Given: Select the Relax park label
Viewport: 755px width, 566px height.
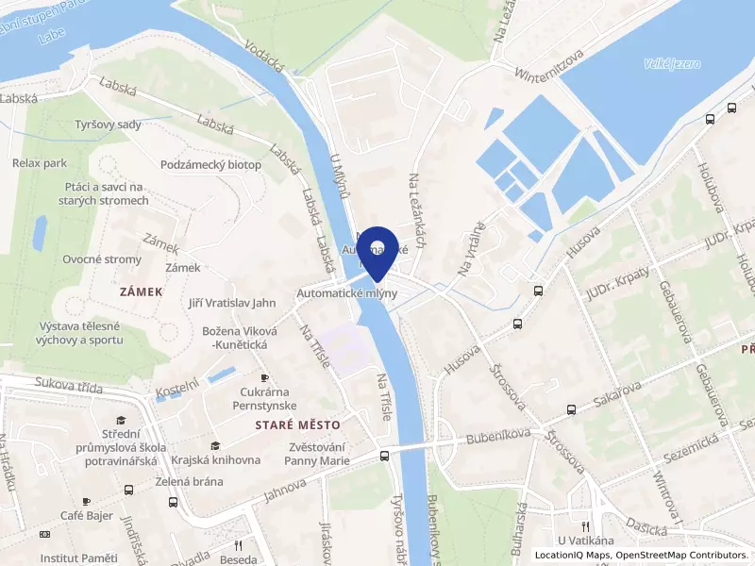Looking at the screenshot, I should point(39,163).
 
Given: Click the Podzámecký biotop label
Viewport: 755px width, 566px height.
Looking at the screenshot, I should point(210,164).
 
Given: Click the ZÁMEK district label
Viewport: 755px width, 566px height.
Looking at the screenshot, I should point(142,292).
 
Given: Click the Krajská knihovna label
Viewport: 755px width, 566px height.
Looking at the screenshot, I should point(216,460).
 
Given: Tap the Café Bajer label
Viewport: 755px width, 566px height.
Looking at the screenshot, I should point(86,515).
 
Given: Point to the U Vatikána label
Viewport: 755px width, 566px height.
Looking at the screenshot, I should point(586,541).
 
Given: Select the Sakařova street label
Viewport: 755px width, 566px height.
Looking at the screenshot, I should point(617,393).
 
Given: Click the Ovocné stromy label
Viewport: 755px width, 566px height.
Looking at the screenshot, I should point(102,259).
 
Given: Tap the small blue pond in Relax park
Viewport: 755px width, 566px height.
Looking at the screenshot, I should point(40,232).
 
